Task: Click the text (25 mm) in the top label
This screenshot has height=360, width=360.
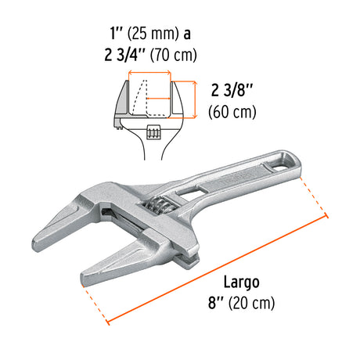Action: pos(153,34)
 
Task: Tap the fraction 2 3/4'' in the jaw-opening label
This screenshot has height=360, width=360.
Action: pos(124,55)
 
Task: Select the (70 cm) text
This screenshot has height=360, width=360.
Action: pos(174,55)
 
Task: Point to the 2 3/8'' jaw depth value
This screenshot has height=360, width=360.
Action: pos(232,91)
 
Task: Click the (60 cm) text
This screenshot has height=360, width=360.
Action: pos(232,112)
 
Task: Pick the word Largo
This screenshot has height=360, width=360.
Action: pos(242,283)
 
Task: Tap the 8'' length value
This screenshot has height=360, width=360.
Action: pos(216,303)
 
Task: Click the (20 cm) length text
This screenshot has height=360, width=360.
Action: pos(252,303)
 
